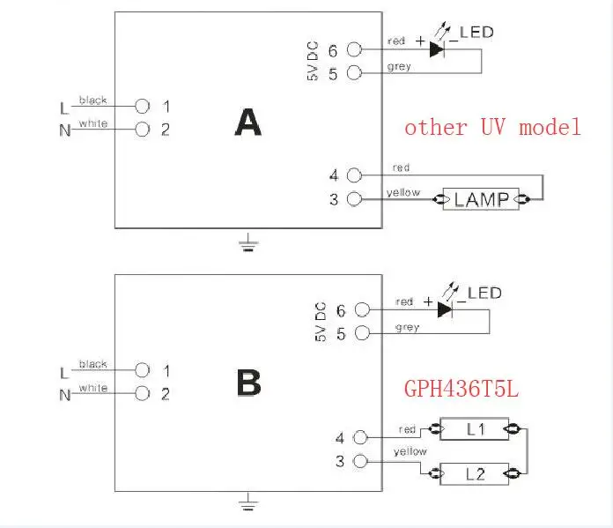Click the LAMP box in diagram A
[481, 199]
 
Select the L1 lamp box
[475, 429]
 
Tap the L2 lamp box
[475, 474]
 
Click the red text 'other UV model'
[492, 128]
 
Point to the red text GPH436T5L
[462, 389]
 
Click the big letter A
[247, 123]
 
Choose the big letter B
[248, 383]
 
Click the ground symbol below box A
[248, 242]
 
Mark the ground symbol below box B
[248, 502]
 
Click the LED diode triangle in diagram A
[436, 49]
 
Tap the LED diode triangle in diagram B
[445, 310]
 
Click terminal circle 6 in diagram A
[355, 49]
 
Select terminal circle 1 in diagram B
[143, 370]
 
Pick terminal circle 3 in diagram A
[355, 199]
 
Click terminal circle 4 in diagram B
[360, 437]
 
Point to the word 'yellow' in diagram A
[403, 192]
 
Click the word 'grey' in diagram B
[408, 327]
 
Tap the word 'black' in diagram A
[93, 100]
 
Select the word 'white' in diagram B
[93, 388]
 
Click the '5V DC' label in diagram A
[313, 61]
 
